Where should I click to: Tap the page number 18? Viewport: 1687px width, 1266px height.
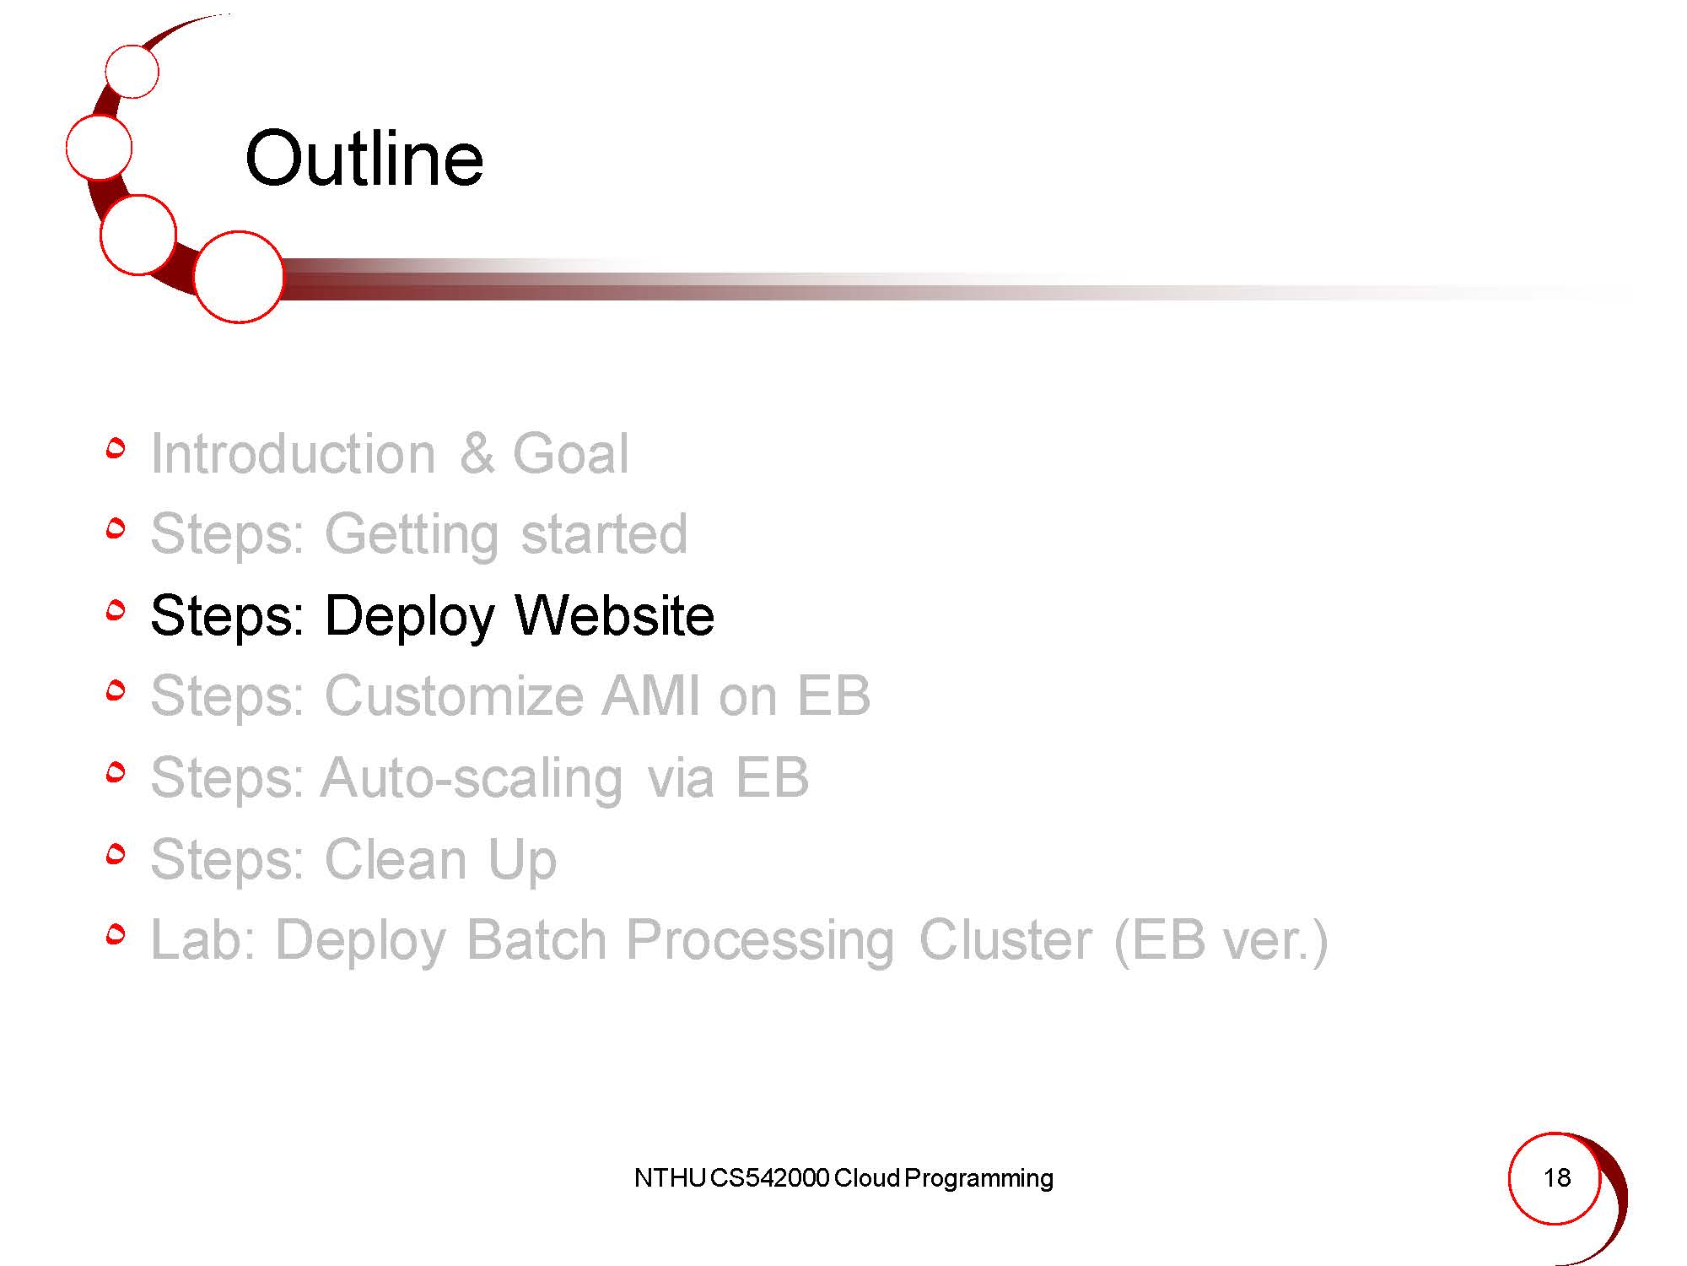click(x=1556, y=1177)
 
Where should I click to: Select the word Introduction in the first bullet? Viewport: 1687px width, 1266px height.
click(x=293, y=453)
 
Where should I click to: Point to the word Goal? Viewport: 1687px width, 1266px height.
click(x=571, y=453)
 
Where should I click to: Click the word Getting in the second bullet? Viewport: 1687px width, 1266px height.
click(x=412, y=535)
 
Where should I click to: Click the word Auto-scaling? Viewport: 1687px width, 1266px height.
click(x=472, y=778)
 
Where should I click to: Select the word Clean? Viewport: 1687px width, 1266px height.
click(x=396, y=859)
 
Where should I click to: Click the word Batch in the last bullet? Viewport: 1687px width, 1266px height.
click(x=536, y=939)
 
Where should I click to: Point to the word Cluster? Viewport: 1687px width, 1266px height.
click(x=1005, y=939)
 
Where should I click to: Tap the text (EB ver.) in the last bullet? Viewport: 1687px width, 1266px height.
click(x=1221, y=940)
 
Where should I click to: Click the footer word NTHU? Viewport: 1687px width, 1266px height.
click(x=669, y=1177)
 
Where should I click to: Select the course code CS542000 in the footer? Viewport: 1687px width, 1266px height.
click(x=769, y=1177)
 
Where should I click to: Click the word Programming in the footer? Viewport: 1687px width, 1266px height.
click(x=978, y=1179)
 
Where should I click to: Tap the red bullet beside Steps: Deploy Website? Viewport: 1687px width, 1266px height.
click(x=116, y=610)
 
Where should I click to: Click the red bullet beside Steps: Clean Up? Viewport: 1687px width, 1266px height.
click(x=116, y=854)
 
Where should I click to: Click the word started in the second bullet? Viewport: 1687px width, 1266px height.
click(x=604, y=534)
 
